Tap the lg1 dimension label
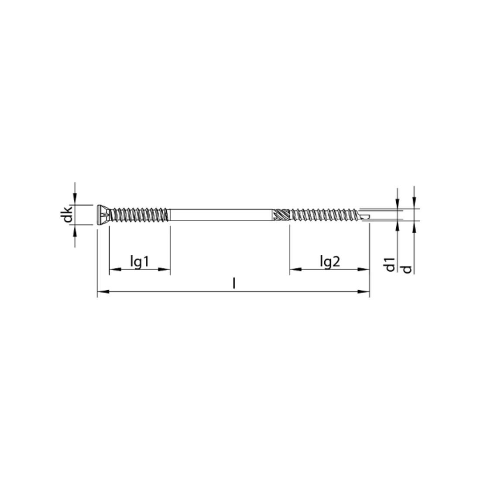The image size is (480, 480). [140, 262]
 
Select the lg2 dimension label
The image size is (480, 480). [330, 262]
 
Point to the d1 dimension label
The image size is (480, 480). [390, 265]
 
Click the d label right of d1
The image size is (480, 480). [407, 269]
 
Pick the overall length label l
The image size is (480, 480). [234, 284]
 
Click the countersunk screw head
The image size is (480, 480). [103, 215]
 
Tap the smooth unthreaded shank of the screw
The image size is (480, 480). [220, 215]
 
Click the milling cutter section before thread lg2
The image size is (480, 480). [281, 215]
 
